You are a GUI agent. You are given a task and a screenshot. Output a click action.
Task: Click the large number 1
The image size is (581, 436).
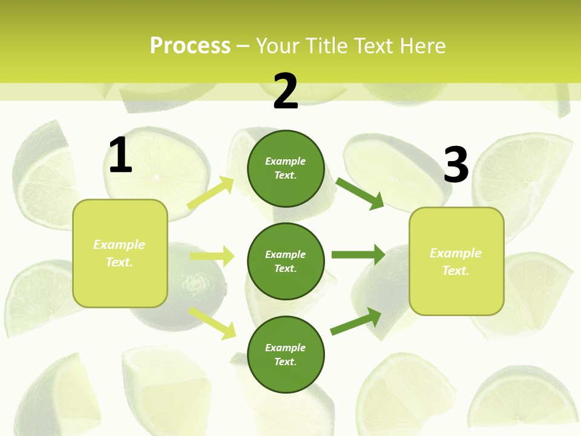[120, 156]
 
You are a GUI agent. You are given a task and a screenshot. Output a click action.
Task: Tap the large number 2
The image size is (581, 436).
[286, 91]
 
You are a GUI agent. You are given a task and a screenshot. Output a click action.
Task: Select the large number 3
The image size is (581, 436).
[456, 165]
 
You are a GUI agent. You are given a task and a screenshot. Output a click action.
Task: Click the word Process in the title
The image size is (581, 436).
[190, 45]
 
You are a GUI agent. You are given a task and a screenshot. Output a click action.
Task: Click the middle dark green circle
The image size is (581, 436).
[286, 261]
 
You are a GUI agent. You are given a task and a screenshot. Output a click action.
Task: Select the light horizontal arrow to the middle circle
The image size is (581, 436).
[212, 256]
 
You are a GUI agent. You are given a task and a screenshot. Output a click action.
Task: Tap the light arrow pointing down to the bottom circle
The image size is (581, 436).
[212, 323]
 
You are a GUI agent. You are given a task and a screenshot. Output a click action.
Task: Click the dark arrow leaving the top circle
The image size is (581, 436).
[360, 193]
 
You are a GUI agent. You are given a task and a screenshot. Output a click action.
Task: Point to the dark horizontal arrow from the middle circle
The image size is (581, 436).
[358, 255]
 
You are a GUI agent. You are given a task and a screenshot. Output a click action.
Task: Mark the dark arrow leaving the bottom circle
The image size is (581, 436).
[356, 322]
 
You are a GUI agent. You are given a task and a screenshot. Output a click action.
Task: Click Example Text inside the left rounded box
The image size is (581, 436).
[119, 253]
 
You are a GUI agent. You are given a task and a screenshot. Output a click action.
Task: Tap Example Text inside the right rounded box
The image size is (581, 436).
[456, 262]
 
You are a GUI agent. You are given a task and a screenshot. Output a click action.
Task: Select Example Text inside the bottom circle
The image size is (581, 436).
[285, 355]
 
